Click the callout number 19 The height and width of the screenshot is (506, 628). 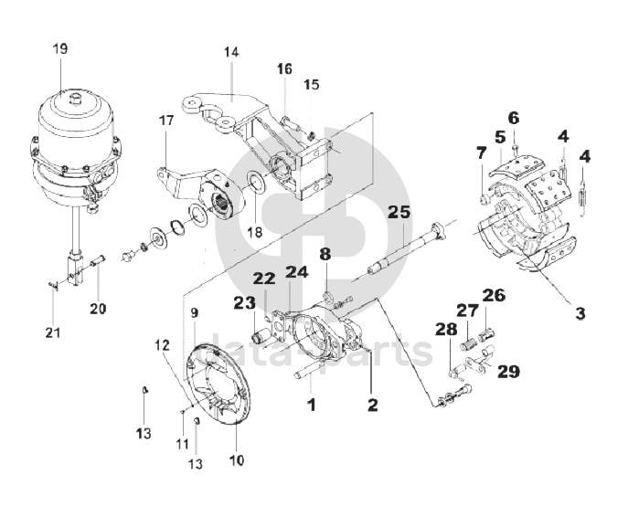point(60,48)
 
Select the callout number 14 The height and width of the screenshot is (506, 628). point(231,52)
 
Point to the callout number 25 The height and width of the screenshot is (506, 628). point(399,212)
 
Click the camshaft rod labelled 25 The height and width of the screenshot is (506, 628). point(405,249)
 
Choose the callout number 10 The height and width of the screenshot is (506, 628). point(237,460)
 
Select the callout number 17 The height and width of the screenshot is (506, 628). point(166,120)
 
